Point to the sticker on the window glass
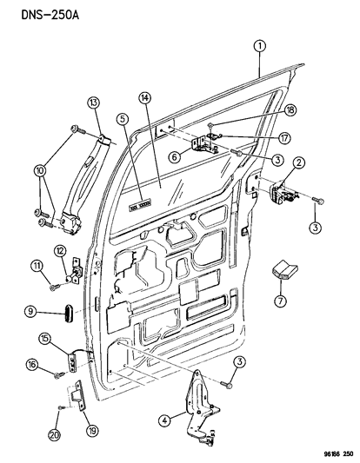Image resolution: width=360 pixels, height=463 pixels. point(140,208)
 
